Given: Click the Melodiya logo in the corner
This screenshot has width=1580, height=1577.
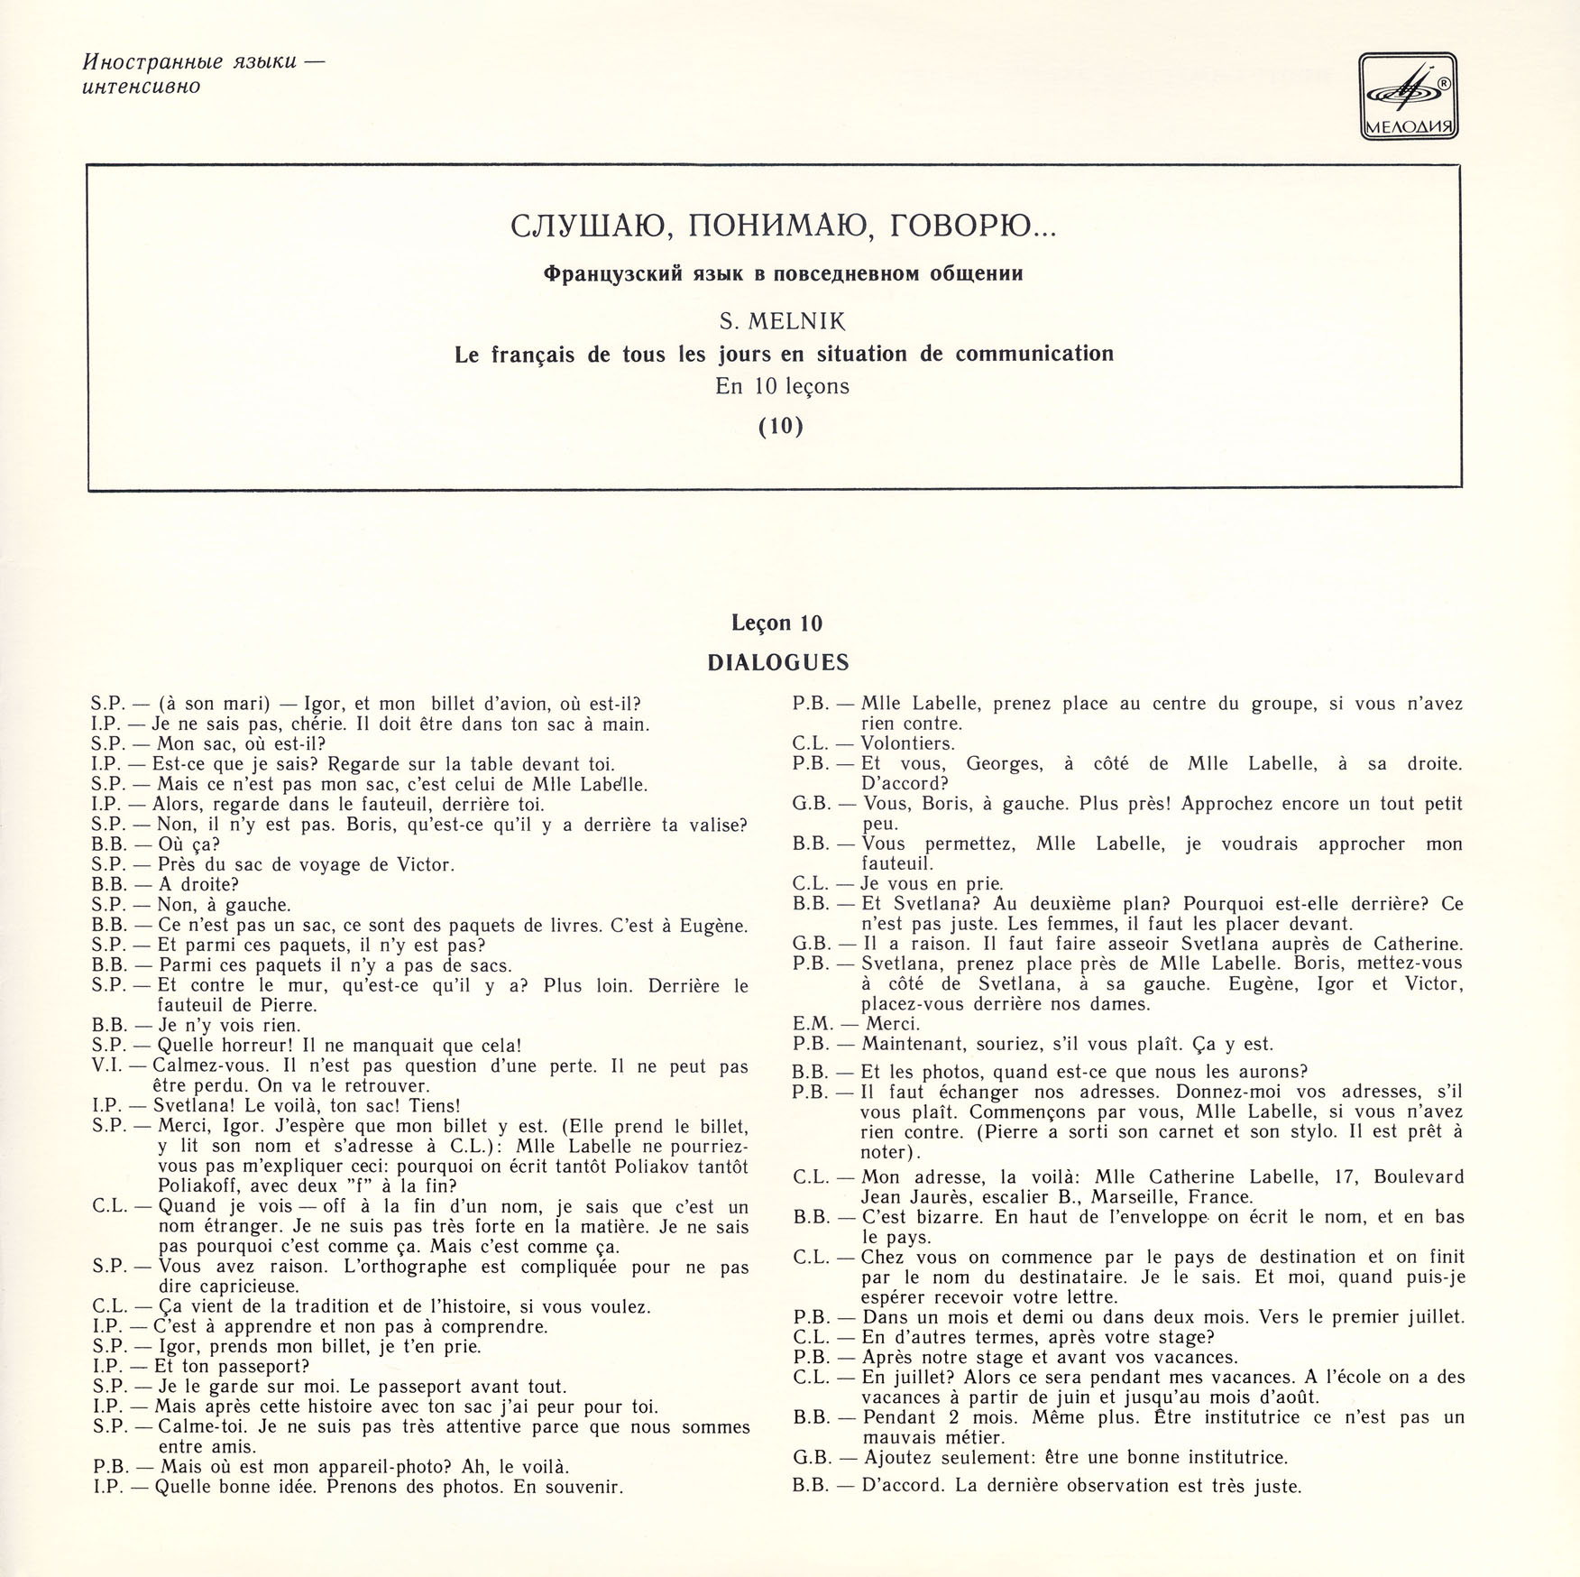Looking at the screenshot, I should (1408, 97).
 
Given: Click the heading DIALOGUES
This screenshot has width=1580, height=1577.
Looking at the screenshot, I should (778, 663).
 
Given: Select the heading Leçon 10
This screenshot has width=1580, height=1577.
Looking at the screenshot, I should (777, 623).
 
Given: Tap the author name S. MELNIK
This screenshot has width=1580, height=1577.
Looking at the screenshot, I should (779, 320).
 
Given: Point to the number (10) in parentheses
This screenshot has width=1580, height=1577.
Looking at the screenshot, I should (780, 425).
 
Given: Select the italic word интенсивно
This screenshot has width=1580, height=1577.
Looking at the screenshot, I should (142, 87).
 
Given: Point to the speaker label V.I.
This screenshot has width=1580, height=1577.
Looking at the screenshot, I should (111, 1066).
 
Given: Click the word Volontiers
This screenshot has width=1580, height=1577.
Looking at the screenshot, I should (907, 743).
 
